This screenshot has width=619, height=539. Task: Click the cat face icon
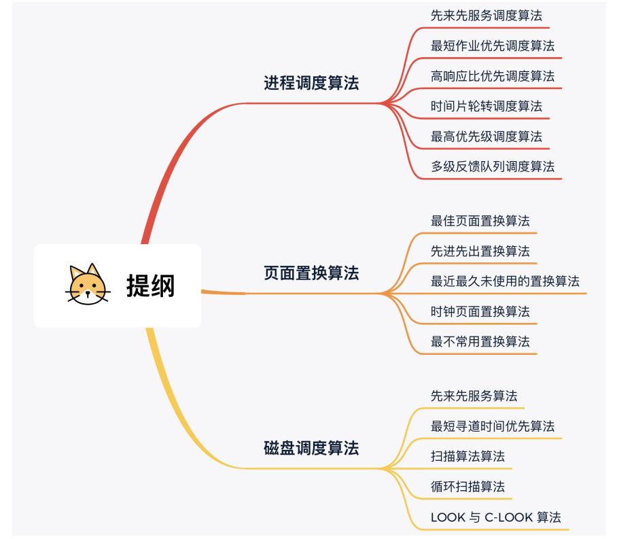point(88,284)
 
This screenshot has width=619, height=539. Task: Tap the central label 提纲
point(150,285)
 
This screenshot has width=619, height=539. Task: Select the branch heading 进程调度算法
point(311,84)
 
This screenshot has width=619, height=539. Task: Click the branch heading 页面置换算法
point(311,273)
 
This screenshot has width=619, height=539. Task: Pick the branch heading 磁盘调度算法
point(311,449)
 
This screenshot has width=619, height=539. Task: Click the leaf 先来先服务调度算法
point(487,16)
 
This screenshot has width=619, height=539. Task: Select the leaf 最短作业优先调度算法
point(493,46)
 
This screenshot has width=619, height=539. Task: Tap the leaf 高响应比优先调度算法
point(493,76)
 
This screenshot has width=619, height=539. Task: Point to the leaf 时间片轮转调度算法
point(487,106)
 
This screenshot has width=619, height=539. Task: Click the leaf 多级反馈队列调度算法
point(493,167)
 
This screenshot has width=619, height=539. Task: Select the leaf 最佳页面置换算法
point(480,221)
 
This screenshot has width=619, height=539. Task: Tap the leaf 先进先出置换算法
point(480,251)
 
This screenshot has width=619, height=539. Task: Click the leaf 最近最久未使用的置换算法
point(505,281)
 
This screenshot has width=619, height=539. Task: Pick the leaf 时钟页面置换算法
point(480,312)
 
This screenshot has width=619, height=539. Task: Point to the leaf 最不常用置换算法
point(480,342)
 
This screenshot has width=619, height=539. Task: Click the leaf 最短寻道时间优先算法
point(493,426)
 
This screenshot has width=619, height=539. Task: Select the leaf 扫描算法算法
point(468,457)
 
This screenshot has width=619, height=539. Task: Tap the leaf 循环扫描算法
point(468,487)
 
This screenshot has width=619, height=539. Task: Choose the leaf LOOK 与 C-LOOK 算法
point(496,517)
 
